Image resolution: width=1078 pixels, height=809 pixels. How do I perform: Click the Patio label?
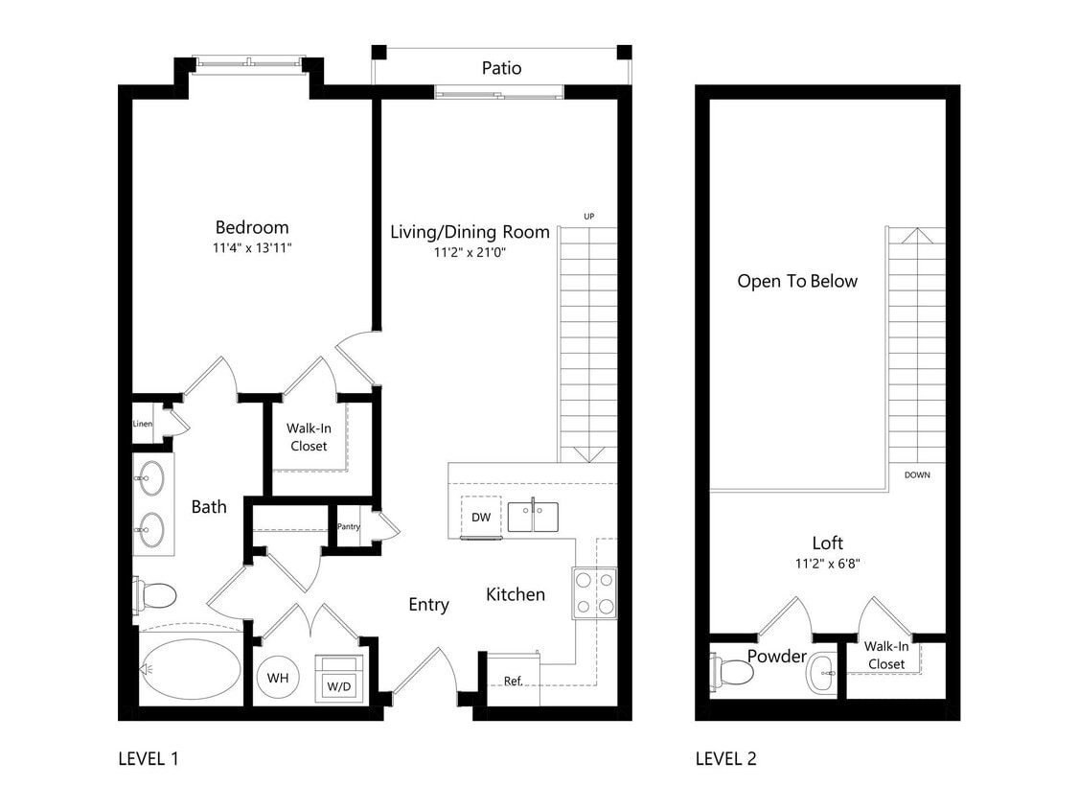(x=501, y=68)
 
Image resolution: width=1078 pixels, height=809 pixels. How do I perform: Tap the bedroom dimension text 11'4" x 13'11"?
(x=252, y=247)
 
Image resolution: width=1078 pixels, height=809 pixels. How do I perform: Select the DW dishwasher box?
(x=481, y=517)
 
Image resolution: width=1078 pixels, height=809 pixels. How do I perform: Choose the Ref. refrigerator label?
(x=513, y=682)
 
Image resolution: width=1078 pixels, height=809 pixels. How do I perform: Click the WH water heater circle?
(x=278, y=678)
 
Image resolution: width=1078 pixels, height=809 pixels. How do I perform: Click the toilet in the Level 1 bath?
(x=156, y=595)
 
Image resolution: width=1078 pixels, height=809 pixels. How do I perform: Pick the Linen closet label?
(x=143, y=424)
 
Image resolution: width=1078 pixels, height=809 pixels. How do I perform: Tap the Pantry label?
(x=349, y=527)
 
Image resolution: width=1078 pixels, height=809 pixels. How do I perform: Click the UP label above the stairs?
(x=589, y=217)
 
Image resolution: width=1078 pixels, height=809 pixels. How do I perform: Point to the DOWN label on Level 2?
(x=917, y=474)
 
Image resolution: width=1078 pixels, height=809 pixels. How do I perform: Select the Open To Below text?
(x=797, y=281)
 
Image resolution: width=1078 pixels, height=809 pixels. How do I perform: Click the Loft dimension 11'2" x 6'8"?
(x=828, y=564)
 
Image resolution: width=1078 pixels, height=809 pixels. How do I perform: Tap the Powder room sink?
(x=821, y=673)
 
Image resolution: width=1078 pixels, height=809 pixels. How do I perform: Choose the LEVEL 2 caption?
(x=725, y=759)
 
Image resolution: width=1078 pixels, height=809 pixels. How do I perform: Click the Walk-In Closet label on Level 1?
(x=309, y=437)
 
